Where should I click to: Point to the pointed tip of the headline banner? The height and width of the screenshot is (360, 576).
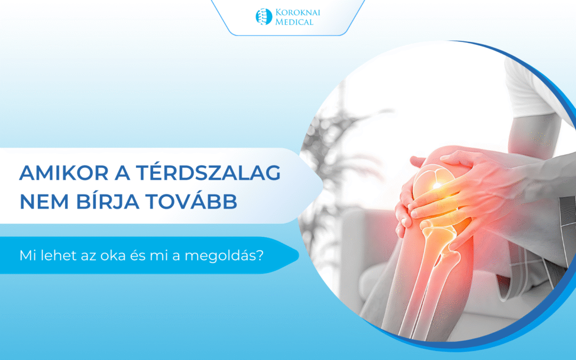[x=322, y=185]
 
